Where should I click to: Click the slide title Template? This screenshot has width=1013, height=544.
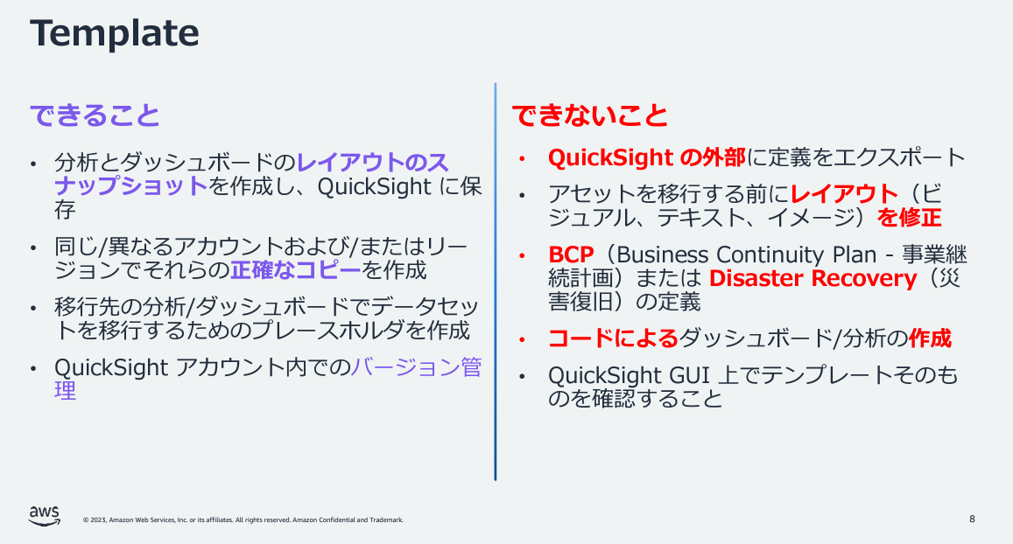point(115,33)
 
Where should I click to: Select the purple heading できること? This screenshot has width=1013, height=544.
point(95,115)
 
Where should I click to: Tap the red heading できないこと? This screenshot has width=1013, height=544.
point(590,115)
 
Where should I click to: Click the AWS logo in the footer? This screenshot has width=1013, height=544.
point(44,516)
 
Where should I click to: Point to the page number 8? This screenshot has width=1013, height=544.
point(972,519)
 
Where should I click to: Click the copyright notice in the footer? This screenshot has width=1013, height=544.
point(243,520)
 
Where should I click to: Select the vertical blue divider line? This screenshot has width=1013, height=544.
point(496,282)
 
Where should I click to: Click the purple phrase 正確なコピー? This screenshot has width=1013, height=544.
point(296,269)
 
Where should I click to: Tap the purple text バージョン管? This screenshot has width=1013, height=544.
point(416,367)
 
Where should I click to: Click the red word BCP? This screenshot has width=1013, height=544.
point(571,255)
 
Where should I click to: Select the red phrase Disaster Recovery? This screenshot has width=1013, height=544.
point(813,279)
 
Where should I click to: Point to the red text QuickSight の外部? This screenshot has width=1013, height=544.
point(647,157)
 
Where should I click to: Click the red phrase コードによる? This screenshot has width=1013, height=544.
point(613,338)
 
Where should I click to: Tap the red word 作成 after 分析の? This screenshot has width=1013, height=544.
point(931,338)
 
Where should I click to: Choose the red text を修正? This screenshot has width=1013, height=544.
point(909,218)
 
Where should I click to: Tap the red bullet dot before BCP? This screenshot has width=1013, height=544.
point(522,255)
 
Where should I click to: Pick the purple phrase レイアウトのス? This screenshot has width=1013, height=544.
point(372,162)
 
